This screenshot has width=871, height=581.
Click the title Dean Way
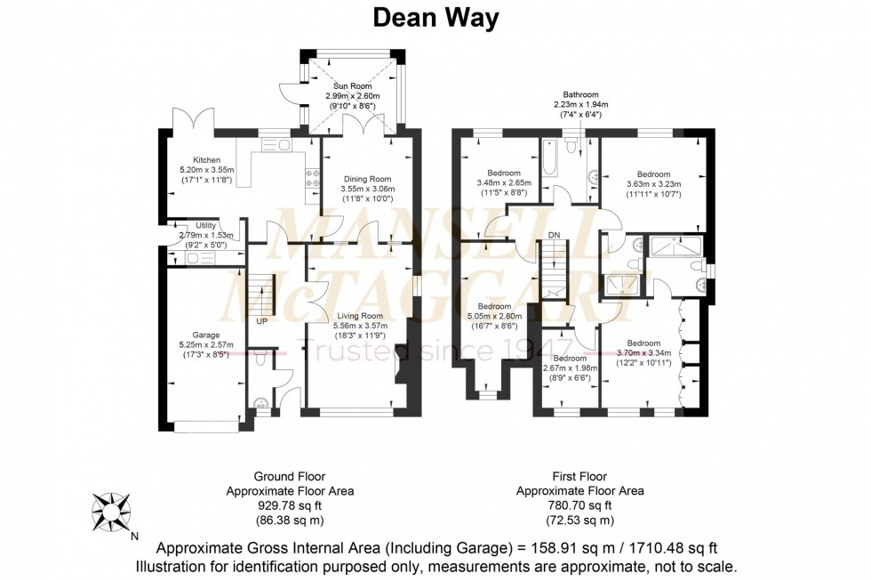(x=435, y=17)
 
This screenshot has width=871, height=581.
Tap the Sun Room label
(x=353, y=85)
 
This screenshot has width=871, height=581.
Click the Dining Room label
(x=366, y=178)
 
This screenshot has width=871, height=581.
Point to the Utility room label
(x=205, y=226)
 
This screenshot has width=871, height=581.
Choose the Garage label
(x=204, y=335)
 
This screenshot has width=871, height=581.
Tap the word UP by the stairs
(x=262, y=321)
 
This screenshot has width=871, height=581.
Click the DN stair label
(x=554, y=235)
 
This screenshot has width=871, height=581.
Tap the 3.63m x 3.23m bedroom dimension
(x=653, y=184)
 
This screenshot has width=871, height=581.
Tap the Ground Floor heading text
(x=290, y=476)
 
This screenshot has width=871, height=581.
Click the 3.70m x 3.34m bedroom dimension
(x=643, y=353)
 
